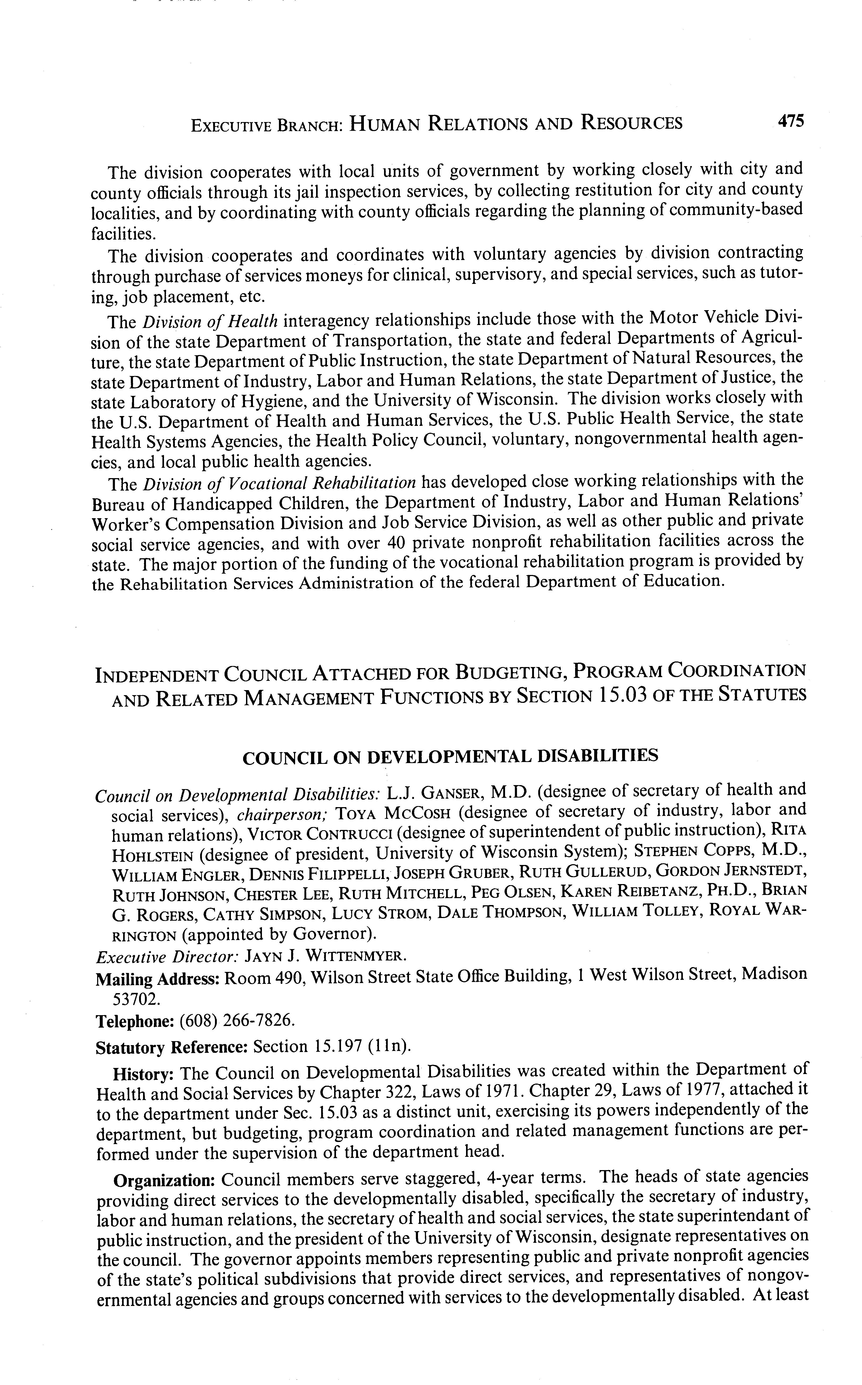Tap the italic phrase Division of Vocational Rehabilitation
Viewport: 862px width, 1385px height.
(279, 483)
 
